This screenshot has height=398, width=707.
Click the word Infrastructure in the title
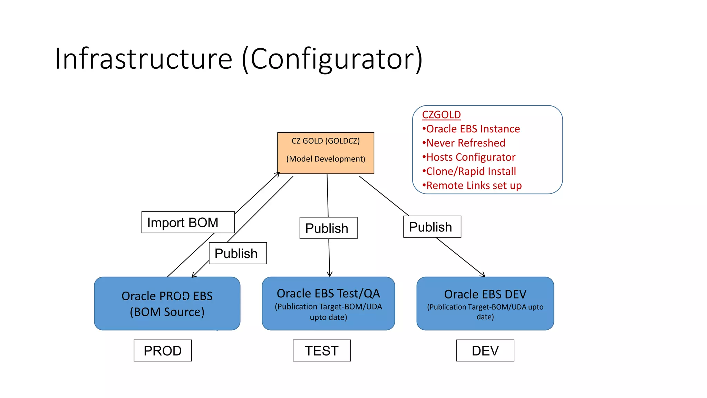pyautogui.click(x=143, y=59)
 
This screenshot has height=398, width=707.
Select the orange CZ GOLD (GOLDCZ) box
pyautogui.click(x=326, y=153)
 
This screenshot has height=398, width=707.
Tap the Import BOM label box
pyautogui.click(x=188, y=222)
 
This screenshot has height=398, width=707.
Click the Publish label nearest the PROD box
pyautogui.click(x=238, y=254)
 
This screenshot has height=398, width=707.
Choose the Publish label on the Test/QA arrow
pyautogui.click(x=328, y=228)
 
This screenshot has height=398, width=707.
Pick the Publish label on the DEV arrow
pyautogui.click(x=432, y=227)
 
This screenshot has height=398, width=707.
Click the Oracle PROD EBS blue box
pyautogui.click(x=167, y=304)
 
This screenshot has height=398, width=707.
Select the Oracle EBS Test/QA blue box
pyautogui.click(x=328, y=304)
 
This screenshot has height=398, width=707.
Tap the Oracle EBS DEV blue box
pyautogui.click(x=485, y=304)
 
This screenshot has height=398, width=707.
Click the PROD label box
pyautogui.click(x=163, y=351)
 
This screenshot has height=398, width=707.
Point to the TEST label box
pyautogui.click(x=322, y=351)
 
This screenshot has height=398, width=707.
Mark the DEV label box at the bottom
pyautogui.click(x=485, y=351)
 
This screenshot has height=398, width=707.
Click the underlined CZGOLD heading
pyautogui.click(x=441, y=115)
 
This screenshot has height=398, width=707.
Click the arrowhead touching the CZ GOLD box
pyautogui.click(x=278, y=173)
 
